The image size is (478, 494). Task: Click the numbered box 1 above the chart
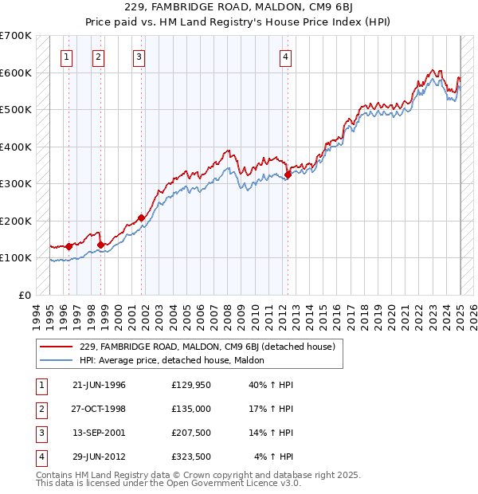coord(65,57)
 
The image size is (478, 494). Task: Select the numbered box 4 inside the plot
coord(284,57)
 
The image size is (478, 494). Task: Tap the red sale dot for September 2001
coord(141,218)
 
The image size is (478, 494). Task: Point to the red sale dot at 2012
coord(288,175)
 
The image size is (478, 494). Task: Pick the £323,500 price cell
coord(190,457)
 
